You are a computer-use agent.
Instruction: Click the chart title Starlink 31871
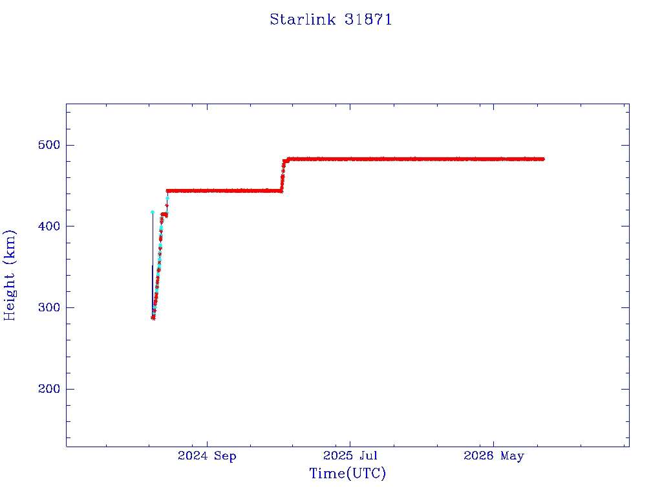coord(330,19)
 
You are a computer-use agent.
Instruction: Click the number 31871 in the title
coord(368,19)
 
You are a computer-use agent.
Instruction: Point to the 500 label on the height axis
coord(49,145)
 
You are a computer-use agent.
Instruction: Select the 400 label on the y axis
coord(49,226)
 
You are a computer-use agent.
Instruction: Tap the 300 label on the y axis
coord(49,307)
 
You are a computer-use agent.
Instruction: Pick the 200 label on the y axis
coord(49,389)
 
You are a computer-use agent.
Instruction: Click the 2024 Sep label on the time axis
coord(207,456)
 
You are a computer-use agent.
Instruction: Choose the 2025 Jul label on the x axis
coord(350,456)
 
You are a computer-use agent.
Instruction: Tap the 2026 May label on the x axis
coord(493,456)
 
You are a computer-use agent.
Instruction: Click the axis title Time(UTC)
coord(347,473)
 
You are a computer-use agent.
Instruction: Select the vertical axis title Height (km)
coord(9,275)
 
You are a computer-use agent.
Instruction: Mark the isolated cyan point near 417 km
coord(153,212)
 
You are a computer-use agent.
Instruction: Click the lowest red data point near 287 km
coord(153,318)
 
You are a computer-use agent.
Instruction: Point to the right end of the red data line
coord(544,159)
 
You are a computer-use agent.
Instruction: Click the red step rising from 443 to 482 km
coord(283,175)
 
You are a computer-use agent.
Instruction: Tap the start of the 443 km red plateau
coord(167,191)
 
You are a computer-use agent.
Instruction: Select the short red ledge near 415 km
coord(164,214)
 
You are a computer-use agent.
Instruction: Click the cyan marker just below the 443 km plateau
coord(167,198)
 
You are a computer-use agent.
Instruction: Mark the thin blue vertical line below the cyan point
coord(153,265)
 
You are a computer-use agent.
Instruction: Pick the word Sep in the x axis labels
coord(225,456)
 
